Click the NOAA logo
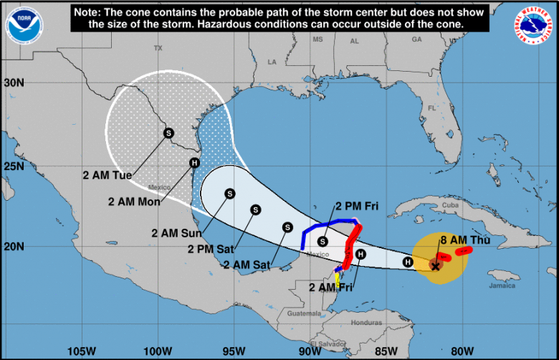(x=24, y=22)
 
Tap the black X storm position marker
(x=435, y=266)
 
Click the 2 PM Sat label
(x=211, y=249)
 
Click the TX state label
(x=158, y=48)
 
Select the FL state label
(x=432, y=108)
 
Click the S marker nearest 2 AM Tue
(x=168, y=133)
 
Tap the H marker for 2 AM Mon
(x=194, y=163)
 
